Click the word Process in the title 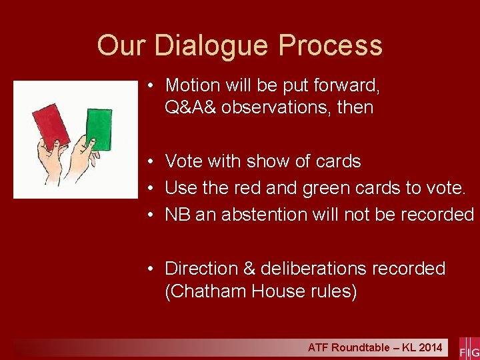coord(331,46)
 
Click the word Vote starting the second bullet coord(181,161)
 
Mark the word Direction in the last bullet coord(200,269)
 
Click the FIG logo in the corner coord(469,348)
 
